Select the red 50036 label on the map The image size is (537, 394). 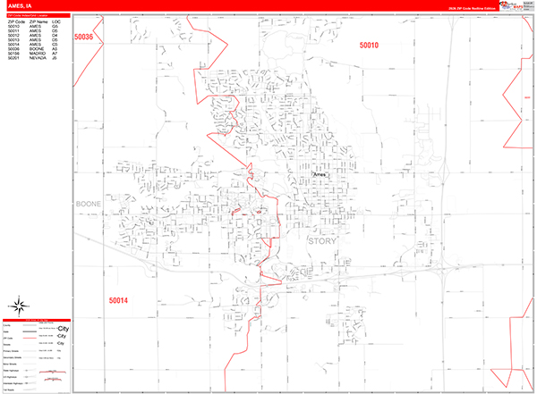pos(84,37)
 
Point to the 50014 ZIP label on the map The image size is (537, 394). pos(118,300)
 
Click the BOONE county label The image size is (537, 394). pos(89,204)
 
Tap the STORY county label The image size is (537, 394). pos(321,240)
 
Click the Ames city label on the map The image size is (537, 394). pos(321,175)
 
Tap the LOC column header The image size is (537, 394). pos(55,21)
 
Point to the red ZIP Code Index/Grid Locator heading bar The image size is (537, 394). pos(36,15)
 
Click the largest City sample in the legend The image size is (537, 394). pos(63,330)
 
